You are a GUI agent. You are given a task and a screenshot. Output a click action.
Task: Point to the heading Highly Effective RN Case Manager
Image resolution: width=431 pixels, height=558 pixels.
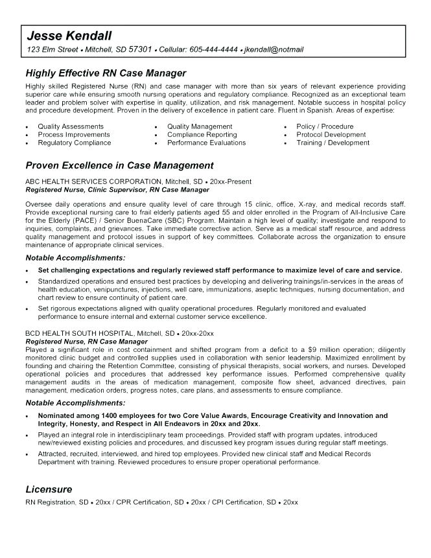click(106, 73)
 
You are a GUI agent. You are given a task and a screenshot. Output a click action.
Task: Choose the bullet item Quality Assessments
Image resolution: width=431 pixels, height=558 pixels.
click(71, 126)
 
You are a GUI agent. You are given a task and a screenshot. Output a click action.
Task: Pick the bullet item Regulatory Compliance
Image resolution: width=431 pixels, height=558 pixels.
click(74, 143)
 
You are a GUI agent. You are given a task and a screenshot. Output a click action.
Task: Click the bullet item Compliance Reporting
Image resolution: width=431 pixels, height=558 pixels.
click(202, 135)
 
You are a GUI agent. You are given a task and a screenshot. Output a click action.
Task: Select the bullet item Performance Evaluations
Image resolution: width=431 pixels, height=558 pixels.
click(206, 143)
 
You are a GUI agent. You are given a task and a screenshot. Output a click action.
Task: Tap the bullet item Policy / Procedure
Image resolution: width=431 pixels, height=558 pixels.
click(325, 126)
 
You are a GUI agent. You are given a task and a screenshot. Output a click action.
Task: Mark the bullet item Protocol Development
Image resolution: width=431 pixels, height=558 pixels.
click(331, 135)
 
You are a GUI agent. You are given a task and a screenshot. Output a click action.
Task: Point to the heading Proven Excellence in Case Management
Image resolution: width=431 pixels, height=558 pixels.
click(119, 166)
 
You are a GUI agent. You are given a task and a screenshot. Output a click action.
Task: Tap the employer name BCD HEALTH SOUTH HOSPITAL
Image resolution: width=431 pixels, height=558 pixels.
click(80, 332)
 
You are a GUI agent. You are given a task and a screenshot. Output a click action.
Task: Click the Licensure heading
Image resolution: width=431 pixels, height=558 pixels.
click(49, 489)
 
